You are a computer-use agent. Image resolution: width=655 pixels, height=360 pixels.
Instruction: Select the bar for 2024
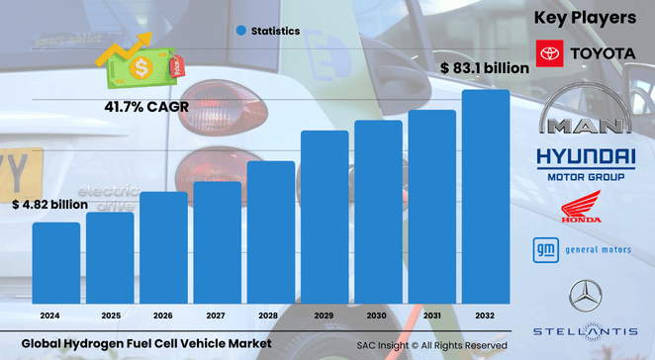tap(55, 263)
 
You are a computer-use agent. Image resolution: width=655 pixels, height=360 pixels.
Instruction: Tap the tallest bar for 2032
tap(486, 197)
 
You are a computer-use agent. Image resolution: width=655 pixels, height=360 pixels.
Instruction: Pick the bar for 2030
tap(378, 212)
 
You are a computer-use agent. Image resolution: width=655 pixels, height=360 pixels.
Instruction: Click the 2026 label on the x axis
tap(162, 315)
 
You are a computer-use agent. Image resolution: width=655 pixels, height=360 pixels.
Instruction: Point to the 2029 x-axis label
tap(324, 315)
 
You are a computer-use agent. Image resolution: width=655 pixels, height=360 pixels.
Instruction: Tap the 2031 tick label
tap(431, 315)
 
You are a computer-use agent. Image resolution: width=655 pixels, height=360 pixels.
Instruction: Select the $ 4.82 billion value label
tap(49, 205)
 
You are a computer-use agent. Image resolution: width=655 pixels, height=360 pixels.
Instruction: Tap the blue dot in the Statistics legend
tap(240, 31)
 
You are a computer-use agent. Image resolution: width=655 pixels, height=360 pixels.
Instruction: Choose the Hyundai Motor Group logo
tap(585, 163)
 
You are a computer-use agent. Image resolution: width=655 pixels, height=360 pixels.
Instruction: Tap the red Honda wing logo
tap(582, 208)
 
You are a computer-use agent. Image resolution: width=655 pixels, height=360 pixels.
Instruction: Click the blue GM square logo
tap(544, 249)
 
